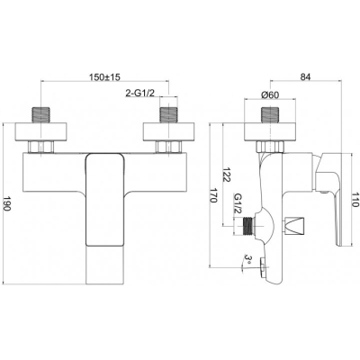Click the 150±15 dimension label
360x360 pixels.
(104, 77)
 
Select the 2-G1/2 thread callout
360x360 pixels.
(139, 94)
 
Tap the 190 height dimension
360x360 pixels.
(7, 204)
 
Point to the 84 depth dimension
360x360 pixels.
(305, 76)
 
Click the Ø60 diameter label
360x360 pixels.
(270, 94)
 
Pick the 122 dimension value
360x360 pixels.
(226, 175)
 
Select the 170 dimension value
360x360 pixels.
(212, 195)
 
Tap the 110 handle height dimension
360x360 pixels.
(355, 200)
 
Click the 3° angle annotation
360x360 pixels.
(247, 258)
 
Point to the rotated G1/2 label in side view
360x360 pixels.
(238, 203)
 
